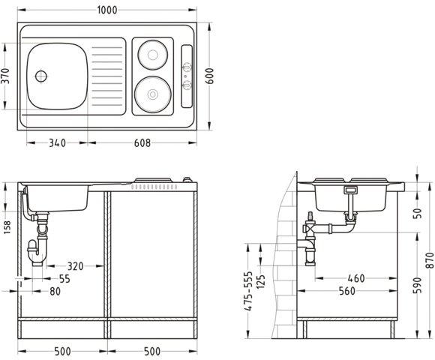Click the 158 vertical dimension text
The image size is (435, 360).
[x=6, y=226]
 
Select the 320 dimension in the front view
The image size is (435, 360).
[x=75, y=266]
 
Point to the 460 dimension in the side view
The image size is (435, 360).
[x=357, y=279]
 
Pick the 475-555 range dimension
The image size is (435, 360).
[x=248, y=291]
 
